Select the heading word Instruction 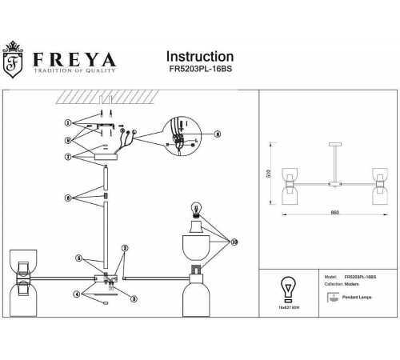(x=199, y=57)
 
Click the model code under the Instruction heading (x=199, y=71)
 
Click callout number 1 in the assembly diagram (x=69, y=124)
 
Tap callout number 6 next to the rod (x=69, y=197)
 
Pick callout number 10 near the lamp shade (x=234, y=241)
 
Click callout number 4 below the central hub (x=78, y=295)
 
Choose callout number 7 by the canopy (x=69, y=157)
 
